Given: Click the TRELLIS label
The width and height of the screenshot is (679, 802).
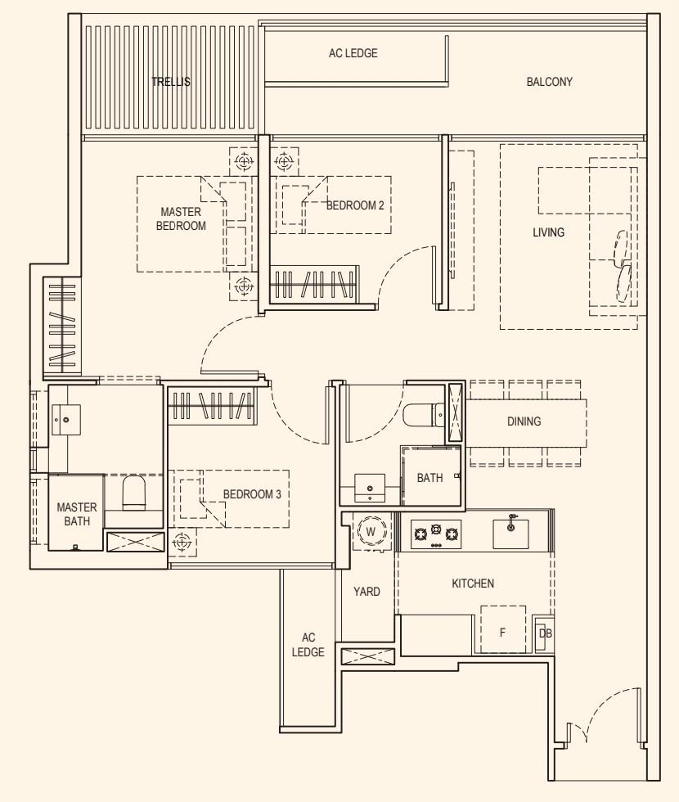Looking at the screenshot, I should pos(171,82).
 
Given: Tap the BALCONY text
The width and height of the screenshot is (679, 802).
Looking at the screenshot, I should pos(549,82).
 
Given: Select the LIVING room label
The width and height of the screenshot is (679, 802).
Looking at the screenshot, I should pos(548,232).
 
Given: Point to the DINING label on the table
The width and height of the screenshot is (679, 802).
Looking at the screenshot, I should pos(524,421).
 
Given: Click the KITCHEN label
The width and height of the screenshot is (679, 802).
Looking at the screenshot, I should pos(473,583).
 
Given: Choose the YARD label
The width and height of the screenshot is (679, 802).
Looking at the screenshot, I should pos(366,592).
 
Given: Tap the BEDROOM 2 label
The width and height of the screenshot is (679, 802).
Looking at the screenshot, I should pos(355,206).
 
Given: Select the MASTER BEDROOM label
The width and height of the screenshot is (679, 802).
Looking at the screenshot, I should pos(181,219).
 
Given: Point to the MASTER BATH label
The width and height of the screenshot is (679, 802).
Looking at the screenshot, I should pos(77,514).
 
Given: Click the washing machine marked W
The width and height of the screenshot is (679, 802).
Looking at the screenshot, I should pos(371,532).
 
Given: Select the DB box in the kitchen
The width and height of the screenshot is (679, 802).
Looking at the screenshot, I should pos(544,633).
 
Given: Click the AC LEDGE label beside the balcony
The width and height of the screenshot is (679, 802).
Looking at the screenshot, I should pos(353,53).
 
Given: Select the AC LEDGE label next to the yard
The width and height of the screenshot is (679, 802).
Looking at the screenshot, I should pos(308,645).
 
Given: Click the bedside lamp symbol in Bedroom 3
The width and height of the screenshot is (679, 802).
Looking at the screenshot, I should pos(182,541).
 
